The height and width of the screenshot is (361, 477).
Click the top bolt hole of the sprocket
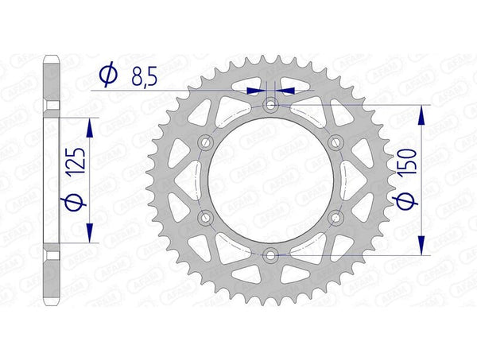(x=271, y=105)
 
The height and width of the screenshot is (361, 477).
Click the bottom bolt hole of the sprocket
(x=271, y=254)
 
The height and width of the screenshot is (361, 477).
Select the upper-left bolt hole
(x=207, y=142)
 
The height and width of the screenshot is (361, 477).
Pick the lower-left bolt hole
(x=207, y=217)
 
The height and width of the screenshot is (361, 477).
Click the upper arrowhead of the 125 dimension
(x=88, y=127)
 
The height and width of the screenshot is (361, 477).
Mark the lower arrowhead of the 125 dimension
(x=88, y=232)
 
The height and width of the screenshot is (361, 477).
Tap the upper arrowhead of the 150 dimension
(x=421, y=114)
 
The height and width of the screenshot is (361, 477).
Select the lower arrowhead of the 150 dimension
(x=421, y=246)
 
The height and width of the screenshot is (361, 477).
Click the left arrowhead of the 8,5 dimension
(x=258, y=91)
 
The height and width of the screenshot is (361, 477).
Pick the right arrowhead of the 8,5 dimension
(x=285, y=91)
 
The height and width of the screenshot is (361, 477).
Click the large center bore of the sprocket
(x=271, y=180)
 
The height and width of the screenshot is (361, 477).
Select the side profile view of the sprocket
(x=52, y=180)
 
